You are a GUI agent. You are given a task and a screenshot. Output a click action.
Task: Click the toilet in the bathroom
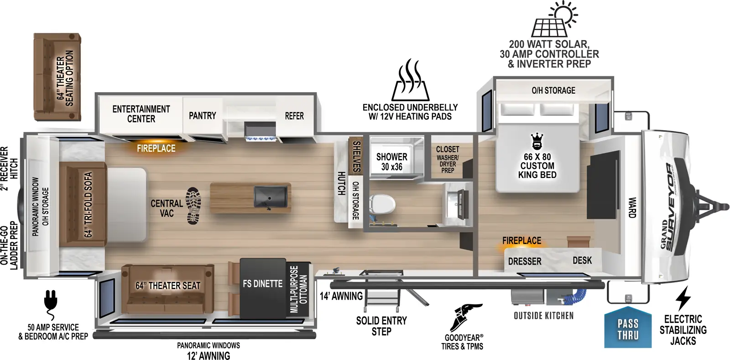pos(382,204)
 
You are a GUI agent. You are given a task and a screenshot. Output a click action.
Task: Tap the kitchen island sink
pos(271,197)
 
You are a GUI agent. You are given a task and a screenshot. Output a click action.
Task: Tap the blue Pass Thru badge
pos(628,328)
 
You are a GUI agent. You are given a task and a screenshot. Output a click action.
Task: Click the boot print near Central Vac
pos(193,206)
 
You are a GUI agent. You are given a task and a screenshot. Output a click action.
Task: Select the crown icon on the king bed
pos(537,141)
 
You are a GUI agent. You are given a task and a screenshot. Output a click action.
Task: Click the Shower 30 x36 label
pos(392,162)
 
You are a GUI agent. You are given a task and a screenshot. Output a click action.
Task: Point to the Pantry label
pos(203,115)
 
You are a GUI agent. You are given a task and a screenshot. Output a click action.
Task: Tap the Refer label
pos(294,116)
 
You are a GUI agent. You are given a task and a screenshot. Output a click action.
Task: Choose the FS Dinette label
pos(263,284)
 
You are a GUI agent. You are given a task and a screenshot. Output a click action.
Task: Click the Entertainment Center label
pos(141,114)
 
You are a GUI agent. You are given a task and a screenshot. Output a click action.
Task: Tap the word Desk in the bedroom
pos(582,261)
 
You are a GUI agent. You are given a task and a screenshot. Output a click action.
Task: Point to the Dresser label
pos(525,261)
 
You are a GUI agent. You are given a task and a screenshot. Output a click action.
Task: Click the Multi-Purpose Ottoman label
pos(298,289)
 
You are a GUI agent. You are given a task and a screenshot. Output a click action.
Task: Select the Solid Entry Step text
pos(381,326)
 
